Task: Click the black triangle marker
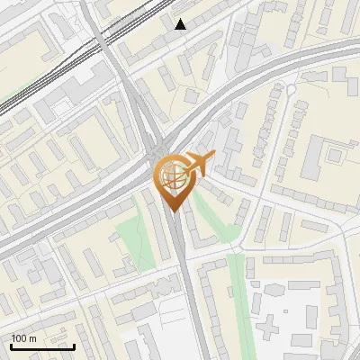[181, 23]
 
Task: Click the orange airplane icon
[199, 164]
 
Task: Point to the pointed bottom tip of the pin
[173, 211]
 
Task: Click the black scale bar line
[42, 346]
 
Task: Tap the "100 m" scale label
[23, 338]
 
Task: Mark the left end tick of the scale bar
[11, 345]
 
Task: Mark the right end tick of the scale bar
[74, 345]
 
